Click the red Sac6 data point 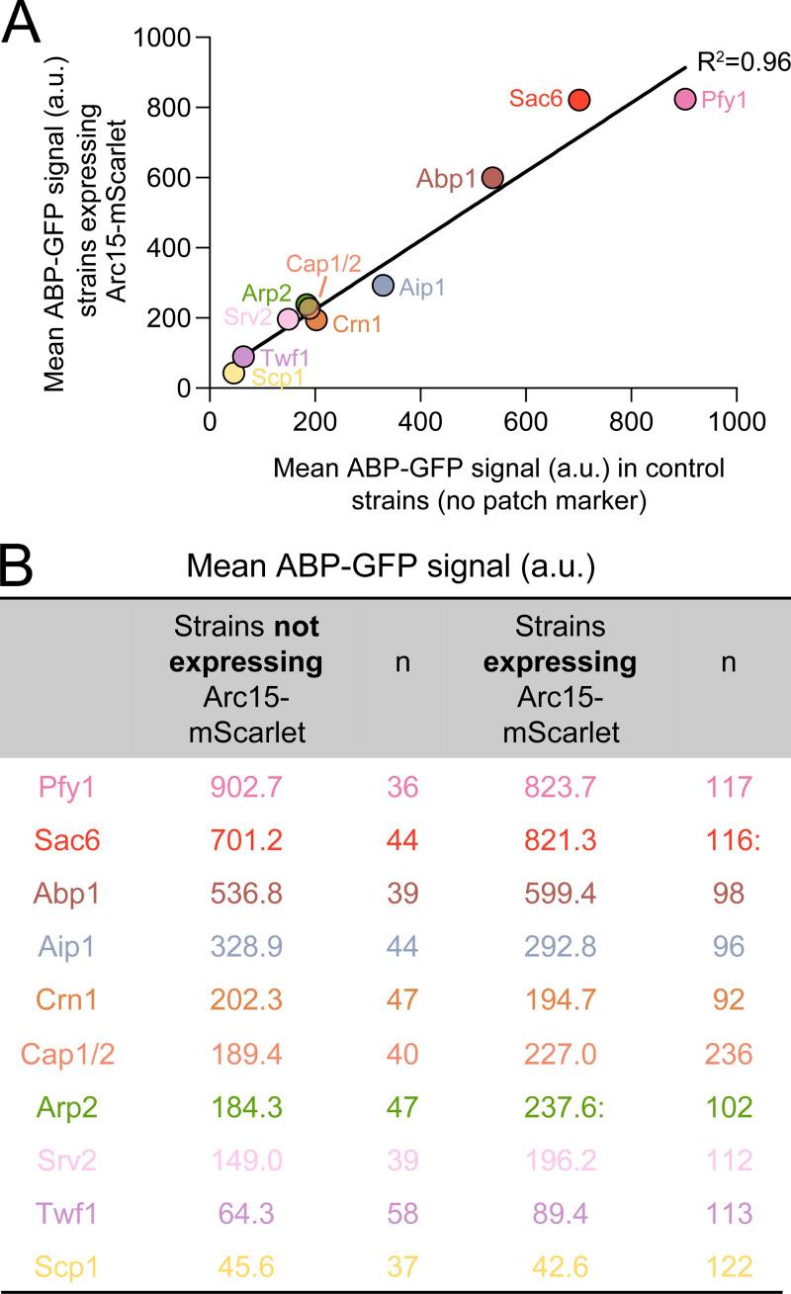(579, 100)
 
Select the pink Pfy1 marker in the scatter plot (685, 99)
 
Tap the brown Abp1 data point (493, 178)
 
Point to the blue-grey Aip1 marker (384, 285)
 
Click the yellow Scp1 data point (233, 373)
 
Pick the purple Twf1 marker (243, 356)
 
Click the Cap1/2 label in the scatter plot (323, 264)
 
